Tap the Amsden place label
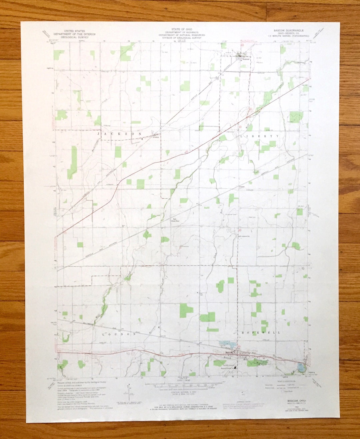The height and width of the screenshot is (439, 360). point(156,137)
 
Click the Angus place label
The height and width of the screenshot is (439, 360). point(242,187)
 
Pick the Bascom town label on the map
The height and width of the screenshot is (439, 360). point(229,352)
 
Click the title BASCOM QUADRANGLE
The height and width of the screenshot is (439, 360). point(288,30)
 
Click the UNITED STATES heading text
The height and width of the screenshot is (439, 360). point(74,31)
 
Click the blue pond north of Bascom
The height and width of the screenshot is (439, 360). point(227,344)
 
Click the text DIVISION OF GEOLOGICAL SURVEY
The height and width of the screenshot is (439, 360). point(182,38)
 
